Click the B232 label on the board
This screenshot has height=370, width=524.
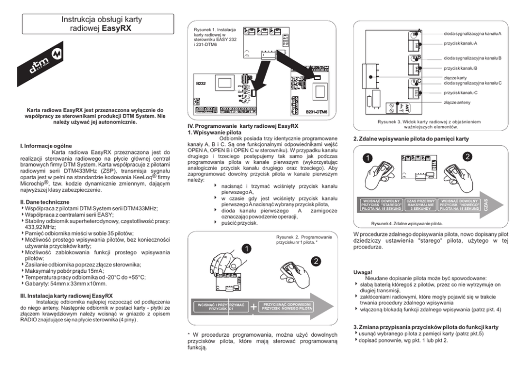point(201,84)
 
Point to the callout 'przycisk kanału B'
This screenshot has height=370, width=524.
point(461,68)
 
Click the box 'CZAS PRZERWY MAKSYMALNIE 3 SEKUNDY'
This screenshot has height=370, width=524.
point(421,205)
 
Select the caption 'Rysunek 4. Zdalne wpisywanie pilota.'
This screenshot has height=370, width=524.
point(407,224)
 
